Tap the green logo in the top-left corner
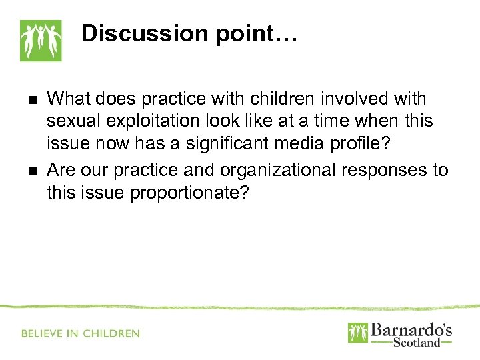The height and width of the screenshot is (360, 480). [x=40, y=41]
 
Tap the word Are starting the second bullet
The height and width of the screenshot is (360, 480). [x=61, y=170]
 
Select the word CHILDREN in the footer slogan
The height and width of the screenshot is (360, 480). [x=111, y=333]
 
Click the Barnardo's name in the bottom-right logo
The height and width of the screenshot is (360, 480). [x=410, y=330]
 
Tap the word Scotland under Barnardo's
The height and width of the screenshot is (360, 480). [x=417, y=343]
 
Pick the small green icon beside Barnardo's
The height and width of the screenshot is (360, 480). [x=357, y=333]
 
